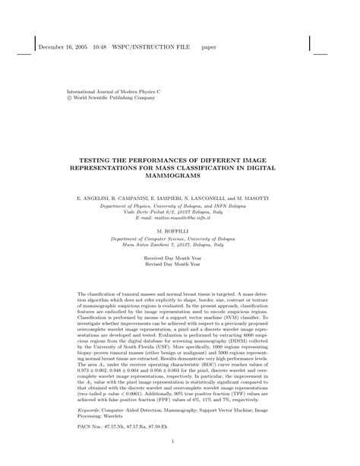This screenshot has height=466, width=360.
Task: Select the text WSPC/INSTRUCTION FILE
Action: click(x=153, y=46)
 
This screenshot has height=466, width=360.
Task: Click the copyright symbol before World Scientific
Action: click(x=71, y=97)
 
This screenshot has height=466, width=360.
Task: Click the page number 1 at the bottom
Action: click(x=180, y=440)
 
